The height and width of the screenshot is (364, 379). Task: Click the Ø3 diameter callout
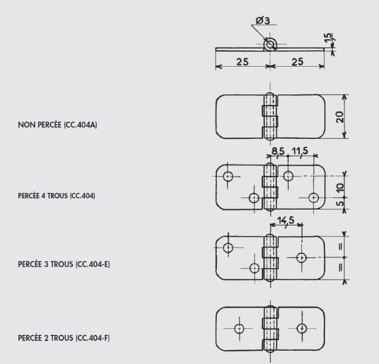click(x=263, y=21)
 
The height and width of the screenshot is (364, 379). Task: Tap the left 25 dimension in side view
click(x=242, y=62)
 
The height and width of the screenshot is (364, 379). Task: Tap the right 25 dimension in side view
click(x=298, y=62)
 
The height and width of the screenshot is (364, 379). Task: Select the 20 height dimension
click(x=340, y=117)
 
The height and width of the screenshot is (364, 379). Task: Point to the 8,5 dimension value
click(x=278, y=151)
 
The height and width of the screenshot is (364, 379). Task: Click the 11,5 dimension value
click(x=300, y=151)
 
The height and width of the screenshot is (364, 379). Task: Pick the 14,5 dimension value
click(x=285, y=220)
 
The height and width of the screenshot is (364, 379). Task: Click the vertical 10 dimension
click(x=340, y=187)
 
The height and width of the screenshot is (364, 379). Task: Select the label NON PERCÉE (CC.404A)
click(x=58, y=125)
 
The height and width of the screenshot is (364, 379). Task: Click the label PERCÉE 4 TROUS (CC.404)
click(x=56, y=195)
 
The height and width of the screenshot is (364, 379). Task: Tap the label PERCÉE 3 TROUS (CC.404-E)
click(x=64, y=265)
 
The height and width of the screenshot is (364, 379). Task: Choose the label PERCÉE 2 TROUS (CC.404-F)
click(x=64, y=338)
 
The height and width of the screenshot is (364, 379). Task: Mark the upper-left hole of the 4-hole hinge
click(x=228, y=177)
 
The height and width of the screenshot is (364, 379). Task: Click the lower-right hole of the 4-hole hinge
click(x=313, y=198)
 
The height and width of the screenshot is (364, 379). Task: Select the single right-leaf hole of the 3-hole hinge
click(x=301, y=258)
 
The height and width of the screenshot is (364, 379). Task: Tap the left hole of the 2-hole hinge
click(x=239, y=329)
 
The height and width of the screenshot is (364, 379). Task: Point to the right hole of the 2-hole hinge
click(x=302, y=329)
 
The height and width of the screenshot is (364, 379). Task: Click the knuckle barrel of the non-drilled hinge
click(x=270, y=116)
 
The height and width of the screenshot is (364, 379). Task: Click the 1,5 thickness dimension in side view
click(x=328, y=38)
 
